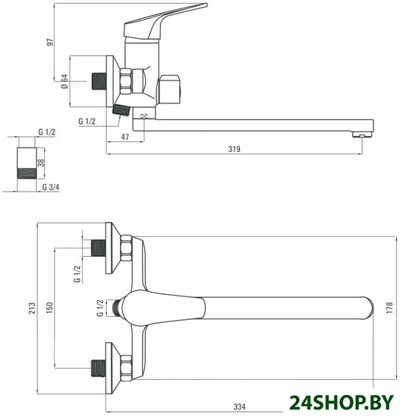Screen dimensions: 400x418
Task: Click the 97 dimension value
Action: (50, 42)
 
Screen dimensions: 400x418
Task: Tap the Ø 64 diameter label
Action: (65, 81)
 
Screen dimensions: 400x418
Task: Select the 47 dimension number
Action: (125, 137)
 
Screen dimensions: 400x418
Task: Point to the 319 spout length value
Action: (234, 149)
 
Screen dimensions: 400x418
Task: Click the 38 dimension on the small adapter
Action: (41, 163)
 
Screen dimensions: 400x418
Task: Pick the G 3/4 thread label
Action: (51, 187)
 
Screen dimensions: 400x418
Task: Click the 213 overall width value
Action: (32, 308)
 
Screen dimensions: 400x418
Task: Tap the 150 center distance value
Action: (50, 308)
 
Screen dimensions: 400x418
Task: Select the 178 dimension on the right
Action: (389, 308)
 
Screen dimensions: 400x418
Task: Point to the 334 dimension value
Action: (239, 407)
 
